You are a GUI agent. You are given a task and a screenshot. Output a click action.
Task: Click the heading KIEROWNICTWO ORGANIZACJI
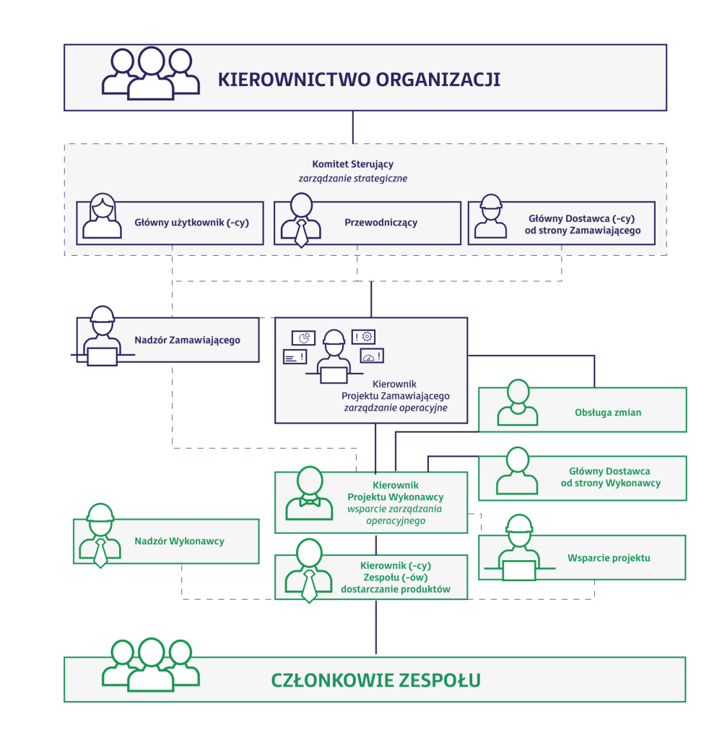[x=359, y=80]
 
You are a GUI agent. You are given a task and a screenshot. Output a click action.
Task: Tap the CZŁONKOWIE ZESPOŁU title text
[x=375, y=680]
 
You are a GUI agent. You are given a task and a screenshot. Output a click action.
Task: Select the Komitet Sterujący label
[x=352, y=164]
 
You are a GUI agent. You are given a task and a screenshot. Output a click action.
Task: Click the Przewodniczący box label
[x=380, y=223]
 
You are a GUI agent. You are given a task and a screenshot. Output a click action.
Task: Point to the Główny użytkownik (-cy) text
[x=192, y=223]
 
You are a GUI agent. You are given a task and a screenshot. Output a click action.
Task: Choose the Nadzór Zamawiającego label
[x=188, y=340]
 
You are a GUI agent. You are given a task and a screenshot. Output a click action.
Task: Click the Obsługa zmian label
[x=608, y=413]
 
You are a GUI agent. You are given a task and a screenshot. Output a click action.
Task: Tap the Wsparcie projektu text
[x=609, y=558]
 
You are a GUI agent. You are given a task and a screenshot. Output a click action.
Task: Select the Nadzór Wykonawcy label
[x=179, y=541]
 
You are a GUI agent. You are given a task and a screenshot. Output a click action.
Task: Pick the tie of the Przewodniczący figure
[x=302, y=234]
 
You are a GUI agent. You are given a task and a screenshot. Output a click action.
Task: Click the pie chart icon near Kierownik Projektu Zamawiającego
[x=303, y=338]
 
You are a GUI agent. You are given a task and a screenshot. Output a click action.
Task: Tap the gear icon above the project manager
[x=367, y=337]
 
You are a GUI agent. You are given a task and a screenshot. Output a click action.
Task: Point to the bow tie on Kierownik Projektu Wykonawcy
[x=310, y=502]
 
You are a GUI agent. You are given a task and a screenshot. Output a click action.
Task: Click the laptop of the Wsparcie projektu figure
[x=518, y=570]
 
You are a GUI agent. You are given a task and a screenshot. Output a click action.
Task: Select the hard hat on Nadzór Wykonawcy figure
[x=100, y=512]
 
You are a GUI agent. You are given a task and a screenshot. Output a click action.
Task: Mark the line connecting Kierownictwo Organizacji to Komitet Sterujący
[x=353, y=127]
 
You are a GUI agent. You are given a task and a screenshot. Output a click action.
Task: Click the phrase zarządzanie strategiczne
[x=352, y=179]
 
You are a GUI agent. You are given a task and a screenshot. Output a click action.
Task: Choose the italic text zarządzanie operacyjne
[x=396, y=408]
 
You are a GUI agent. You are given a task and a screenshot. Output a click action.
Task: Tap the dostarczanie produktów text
[x=396, y=589]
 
